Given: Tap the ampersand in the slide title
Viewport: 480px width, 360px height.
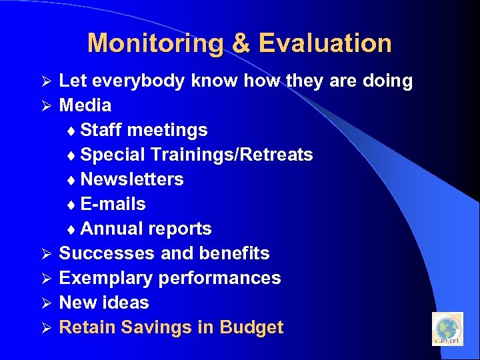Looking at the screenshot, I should click(241, 43).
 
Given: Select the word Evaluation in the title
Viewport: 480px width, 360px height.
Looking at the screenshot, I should click(325, 43).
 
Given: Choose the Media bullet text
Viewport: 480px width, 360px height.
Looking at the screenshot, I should click(85, 105).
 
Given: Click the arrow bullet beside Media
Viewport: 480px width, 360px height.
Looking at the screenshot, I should click(47, 106).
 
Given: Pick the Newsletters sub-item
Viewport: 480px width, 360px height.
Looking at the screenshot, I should click(131, 179).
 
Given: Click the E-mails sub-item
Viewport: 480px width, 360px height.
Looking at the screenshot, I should click(113, 204).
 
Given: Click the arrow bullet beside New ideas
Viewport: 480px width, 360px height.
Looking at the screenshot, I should click(47, 303).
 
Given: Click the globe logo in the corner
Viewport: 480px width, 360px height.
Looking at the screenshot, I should click(447, 329).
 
